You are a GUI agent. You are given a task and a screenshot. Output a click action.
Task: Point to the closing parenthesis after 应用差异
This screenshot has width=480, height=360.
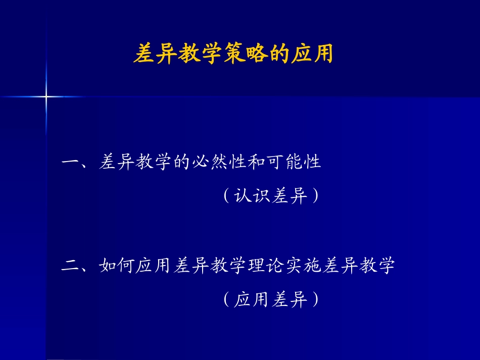click(x=315, y=300)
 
